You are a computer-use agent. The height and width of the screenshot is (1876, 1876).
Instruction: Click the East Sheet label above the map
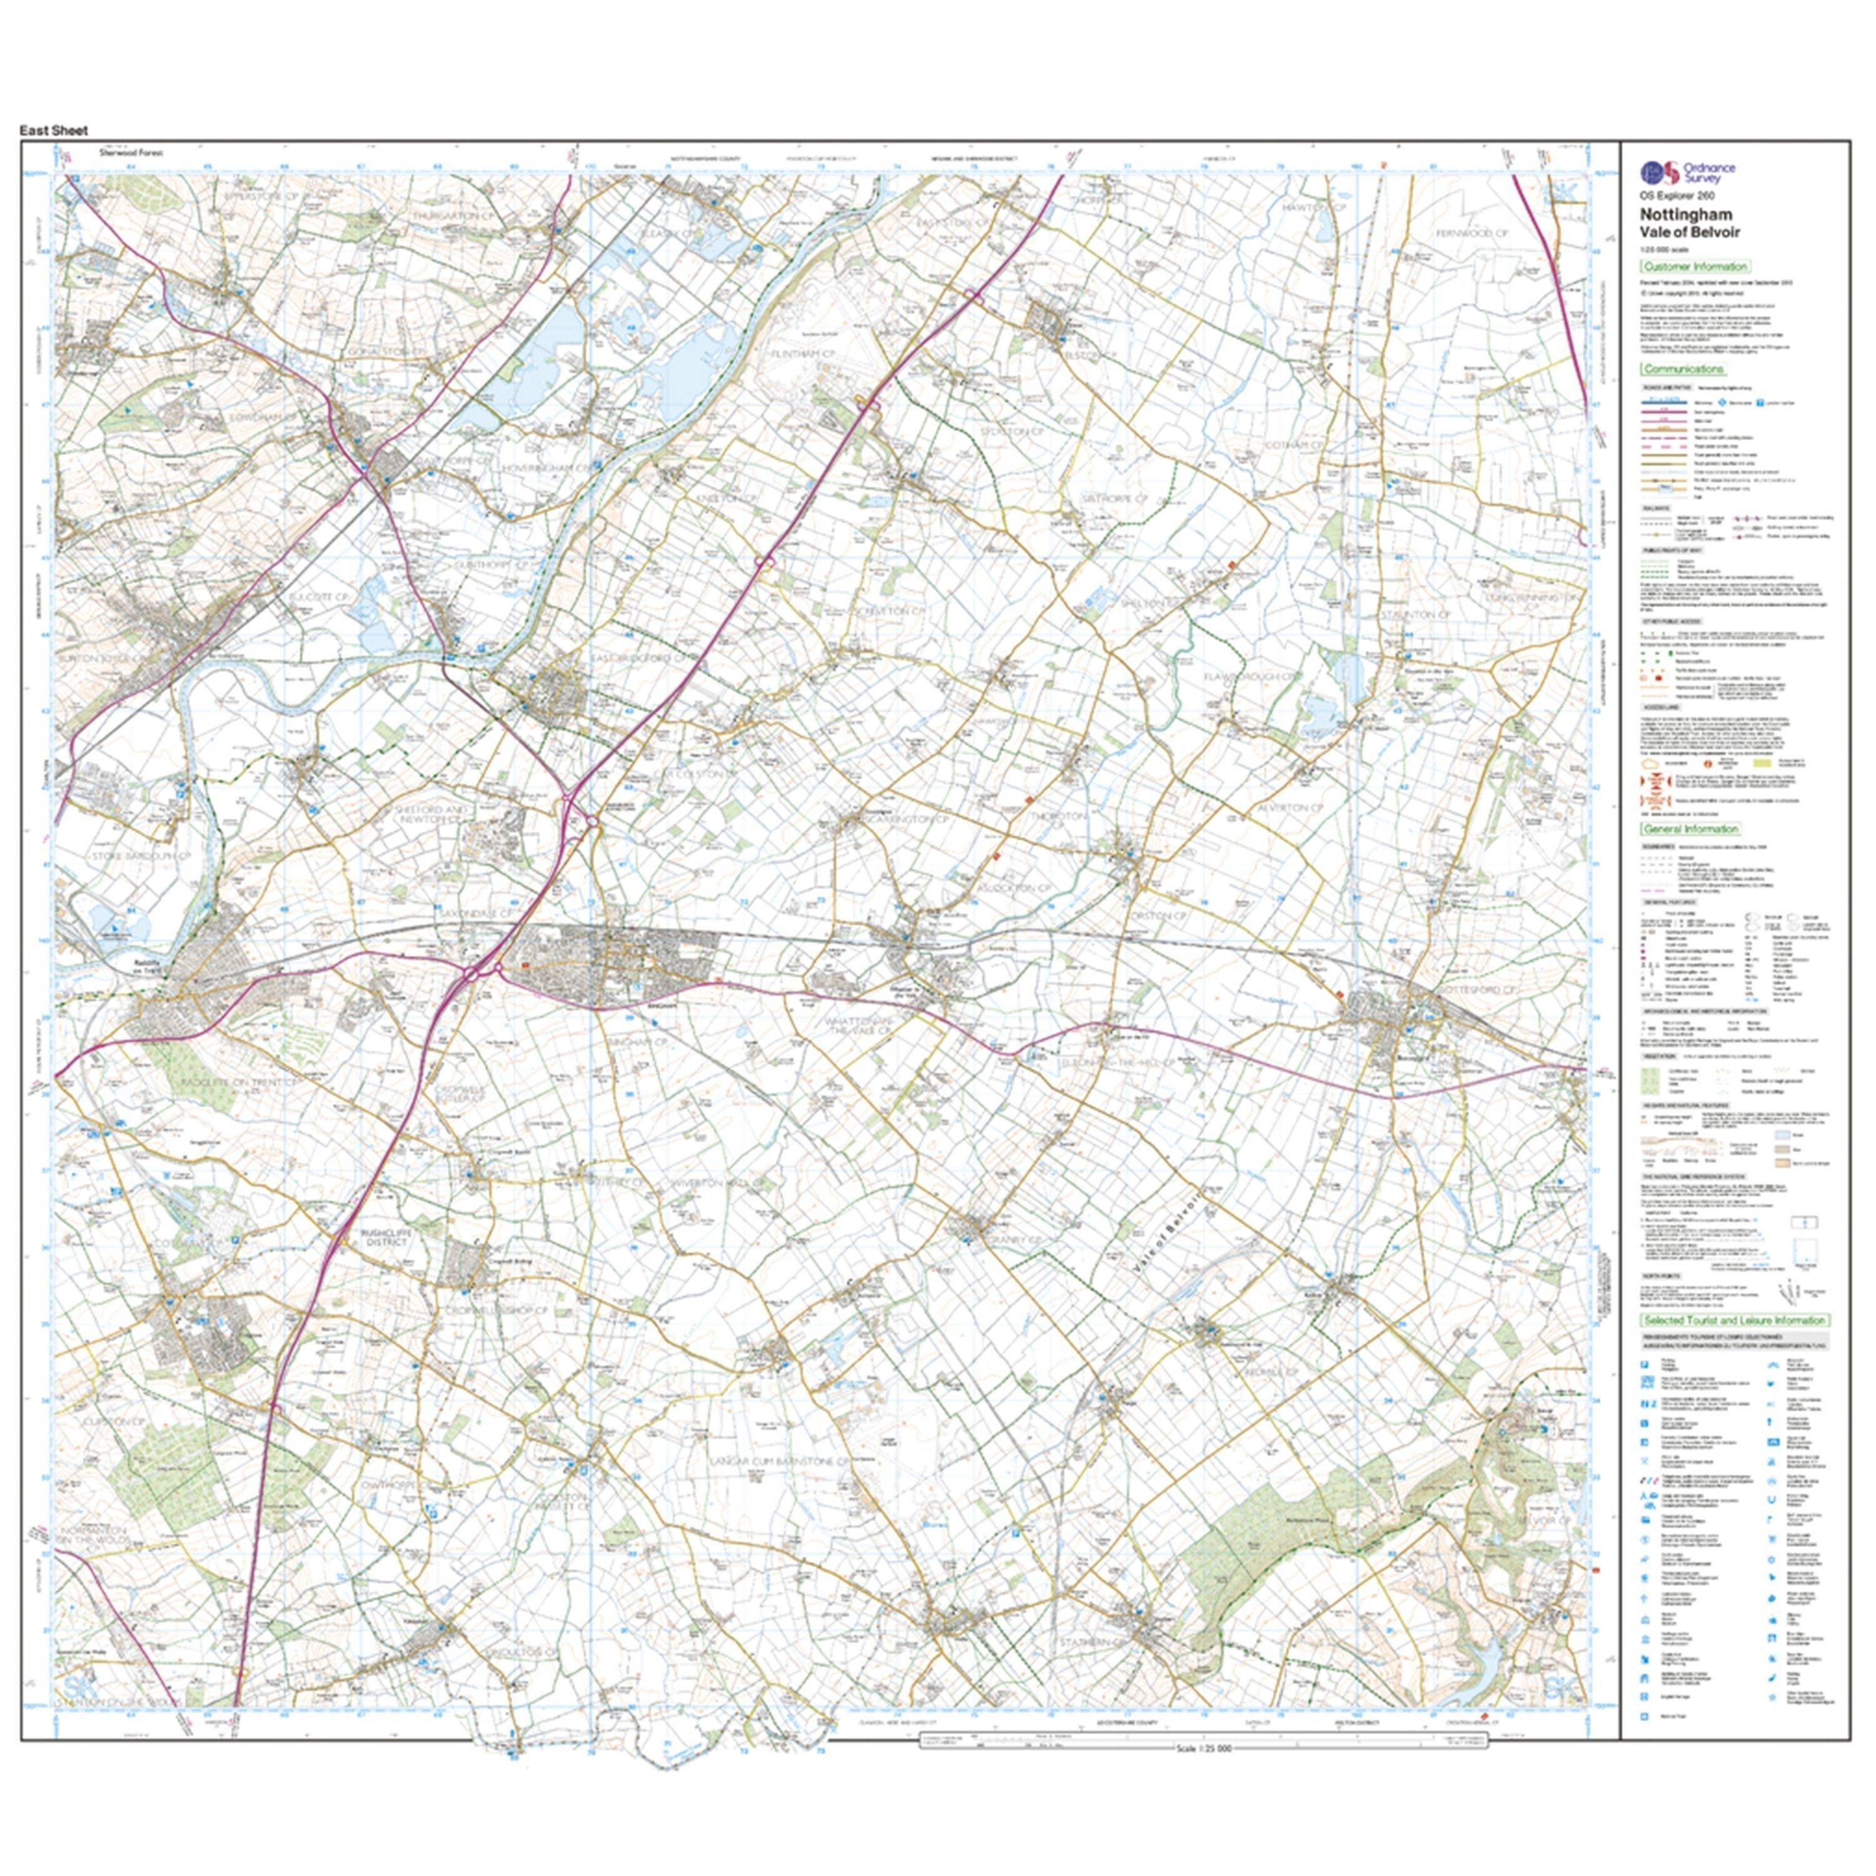coord(53,130)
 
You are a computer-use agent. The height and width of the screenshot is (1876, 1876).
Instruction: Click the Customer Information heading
coord(1695,266)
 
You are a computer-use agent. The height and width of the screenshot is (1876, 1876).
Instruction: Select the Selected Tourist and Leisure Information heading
coord(1734,1321)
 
